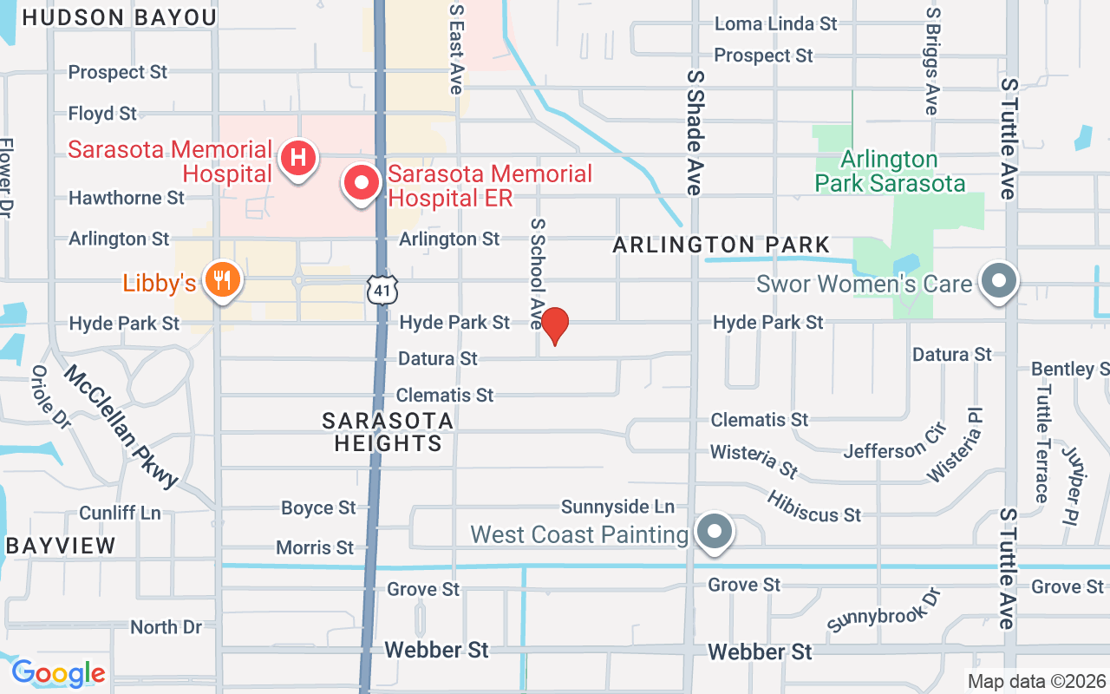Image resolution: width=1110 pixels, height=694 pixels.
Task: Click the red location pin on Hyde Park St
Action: pyautogui.click(x=554, y=325)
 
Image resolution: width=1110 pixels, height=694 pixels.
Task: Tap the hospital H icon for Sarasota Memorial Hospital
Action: pyautogui.click(x=298, y=159)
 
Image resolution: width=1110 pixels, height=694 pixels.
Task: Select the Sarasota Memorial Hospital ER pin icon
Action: pyautogui.click(x=362, y=182)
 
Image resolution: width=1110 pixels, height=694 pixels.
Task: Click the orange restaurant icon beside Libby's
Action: pyautogui.click(x=223, y=280)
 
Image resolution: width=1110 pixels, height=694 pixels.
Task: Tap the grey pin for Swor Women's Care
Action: pyautogui.click(x=999, y=280)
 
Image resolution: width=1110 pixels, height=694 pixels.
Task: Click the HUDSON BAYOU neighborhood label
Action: pyautogui.click(x=119, y=17)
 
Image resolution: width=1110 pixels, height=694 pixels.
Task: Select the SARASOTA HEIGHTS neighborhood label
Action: pyautogui.click(x=388, y=432)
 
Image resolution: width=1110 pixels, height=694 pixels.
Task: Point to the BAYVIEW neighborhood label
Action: pyautogui.click(x=61, y=546)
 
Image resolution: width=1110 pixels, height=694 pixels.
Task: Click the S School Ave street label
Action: pyautogui.click(x=537, y=272)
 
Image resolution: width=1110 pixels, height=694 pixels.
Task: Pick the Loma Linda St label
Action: pyautogui.click(x=775, y=23)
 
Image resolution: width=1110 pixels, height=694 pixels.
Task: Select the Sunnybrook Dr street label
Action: pyautogui.click(x=884, y=610)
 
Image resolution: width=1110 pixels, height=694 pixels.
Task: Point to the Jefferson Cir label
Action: pyautogui.click(x=895, y=450)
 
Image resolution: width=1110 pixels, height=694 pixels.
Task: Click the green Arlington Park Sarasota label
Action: pyautogui.click(x=890, y=172)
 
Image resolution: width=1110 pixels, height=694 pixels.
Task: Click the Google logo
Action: pyautogui.click(x=58, y=673)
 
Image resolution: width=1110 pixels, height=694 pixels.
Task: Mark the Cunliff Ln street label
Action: pyautogui.click(x=120, y=513)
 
